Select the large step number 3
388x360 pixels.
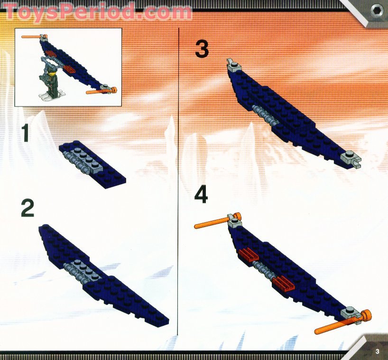click(x=202, y=49)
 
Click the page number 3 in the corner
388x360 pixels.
click(x=377, y=351)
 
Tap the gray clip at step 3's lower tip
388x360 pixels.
click(x=351, y=157)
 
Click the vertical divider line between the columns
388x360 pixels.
click(x=178, y=190)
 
